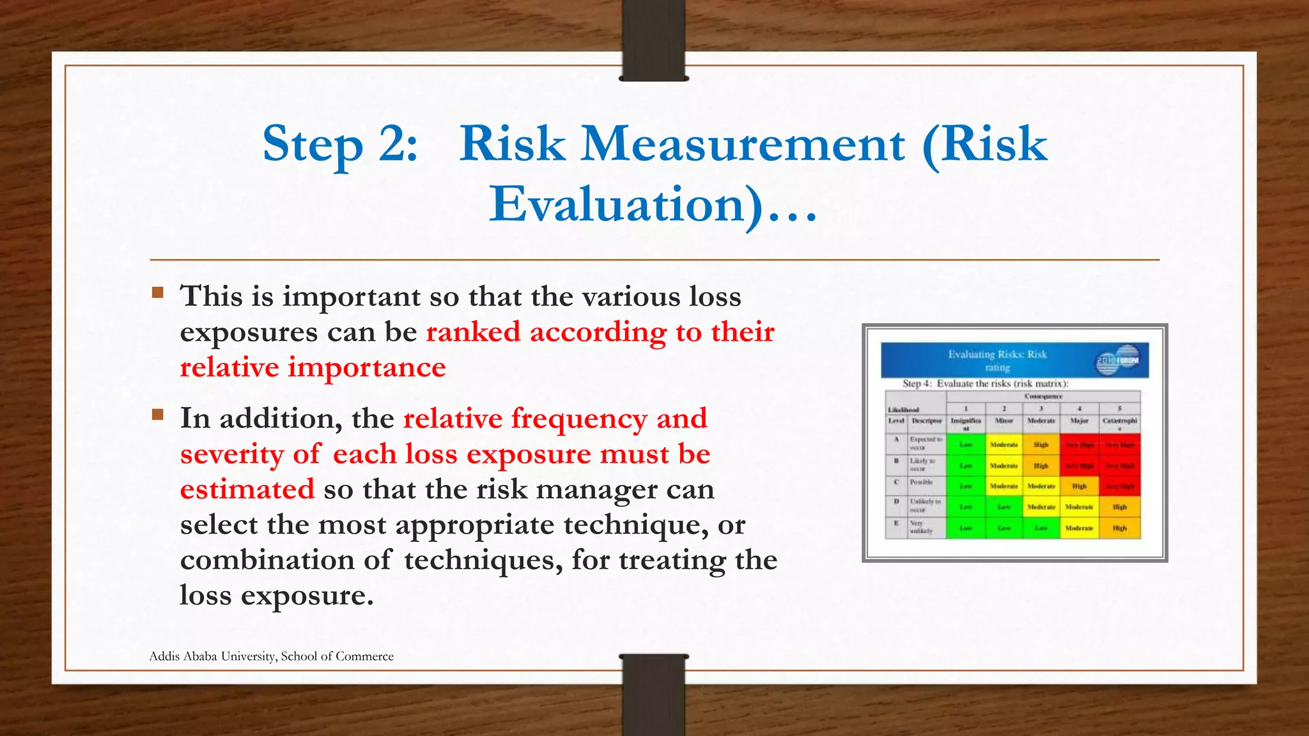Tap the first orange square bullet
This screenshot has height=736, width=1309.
point(158,293)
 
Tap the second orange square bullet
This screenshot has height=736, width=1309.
point(158,415)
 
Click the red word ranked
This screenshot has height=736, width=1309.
point(473,332)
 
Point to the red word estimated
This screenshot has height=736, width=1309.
point(247,489)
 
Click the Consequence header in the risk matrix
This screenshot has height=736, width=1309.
point(1043,397)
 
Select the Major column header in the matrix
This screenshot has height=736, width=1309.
point(1079,421)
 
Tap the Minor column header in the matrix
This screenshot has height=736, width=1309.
point(1004,421)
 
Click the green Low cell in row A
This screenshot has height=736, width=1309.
point(966,444)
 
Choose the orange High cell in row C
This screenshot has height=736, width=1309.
point(1079,486)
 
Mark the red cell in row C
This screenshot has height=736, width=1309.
point(1119,486)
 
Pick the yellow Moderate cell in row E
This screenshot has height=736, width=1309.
point(1079,528)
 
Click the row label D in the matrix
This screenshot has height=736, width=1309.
point(896,502)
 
